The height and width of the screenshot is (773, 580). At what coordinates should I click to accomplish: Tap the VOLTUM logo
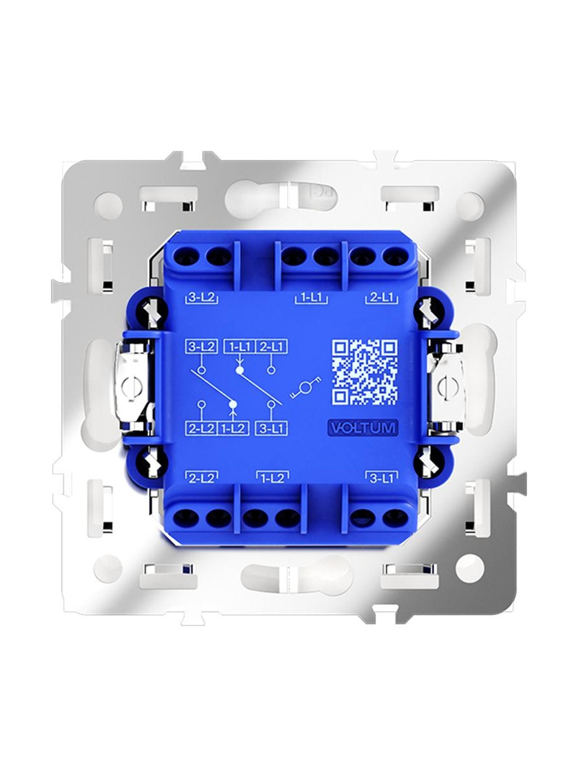click(x=362, y=428)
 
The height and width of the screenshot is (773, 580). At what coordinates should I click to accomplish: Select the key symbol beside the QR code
click(x=306, y=389)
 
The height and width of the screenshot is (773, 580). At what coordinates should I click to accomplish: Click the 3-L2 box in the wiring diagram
click(x=201, y=347)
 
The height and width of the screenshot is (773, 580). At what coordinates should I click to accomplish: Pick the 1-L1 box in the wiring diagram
click(x=239, y=347)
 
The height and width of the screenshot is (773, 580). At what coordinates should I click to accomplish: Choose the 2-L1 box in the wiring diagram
click(x=271, y=347)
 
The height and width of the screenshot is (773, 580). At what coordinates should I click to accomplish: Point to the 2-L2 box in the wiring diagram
click(x=201, y=428)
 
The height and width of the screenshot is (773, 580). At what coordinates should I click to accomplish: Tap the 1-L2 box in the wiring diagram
click(x=233, y=428)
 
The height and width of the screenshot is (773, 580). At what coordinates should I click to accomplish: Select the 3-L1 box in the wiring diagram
click(x=271, y=428)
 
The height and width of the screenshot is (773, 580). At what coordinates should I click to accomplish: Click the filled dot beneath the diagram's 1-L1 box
click(x=240, y=370)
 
